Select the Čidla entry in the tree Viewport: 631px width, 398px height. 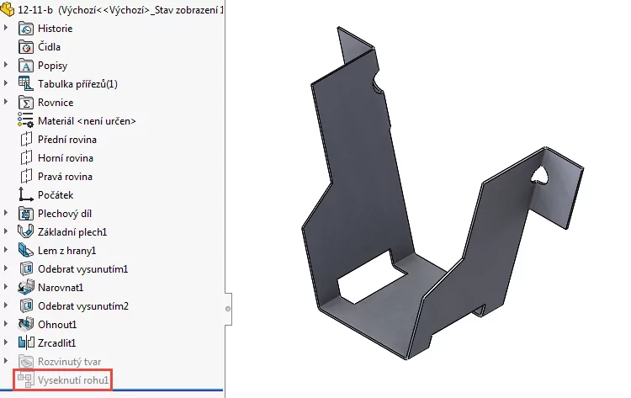pos(49,47)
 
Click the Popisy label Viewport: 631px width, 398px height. pos(52,66)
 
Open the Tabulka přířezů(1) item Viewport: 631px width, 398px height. pos(77,84)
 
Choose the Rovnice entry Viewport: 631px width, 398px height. pos(56,103)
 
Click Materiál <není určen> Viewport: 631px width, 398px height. pos(87,121)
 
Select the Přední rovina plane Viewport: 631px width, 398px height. pos(66,140)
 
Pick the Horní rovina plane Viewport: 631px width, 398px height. pos(65,158)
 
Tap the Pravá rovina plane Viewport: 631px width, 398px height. pos(65,177)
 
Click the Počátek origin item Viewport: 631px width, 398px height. pos(56,195)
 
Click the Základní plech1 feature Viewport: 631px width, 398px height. pos(72,232)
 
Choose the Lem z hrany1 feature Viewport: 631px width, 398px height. pos(66,251)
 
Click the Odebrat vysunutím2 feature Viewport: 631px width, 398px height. pos(82,306)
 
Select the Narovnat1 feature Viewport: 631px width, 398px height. pos(61,288)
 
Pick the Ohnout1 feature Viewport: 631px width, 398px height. pos(57,325)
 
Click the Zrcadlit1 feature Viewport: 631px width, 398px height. pos(57,343)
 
